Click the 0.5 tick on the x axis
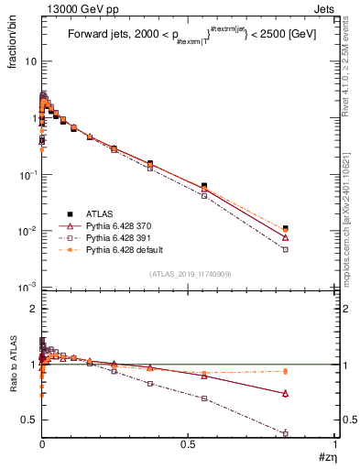click(189, 446)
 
